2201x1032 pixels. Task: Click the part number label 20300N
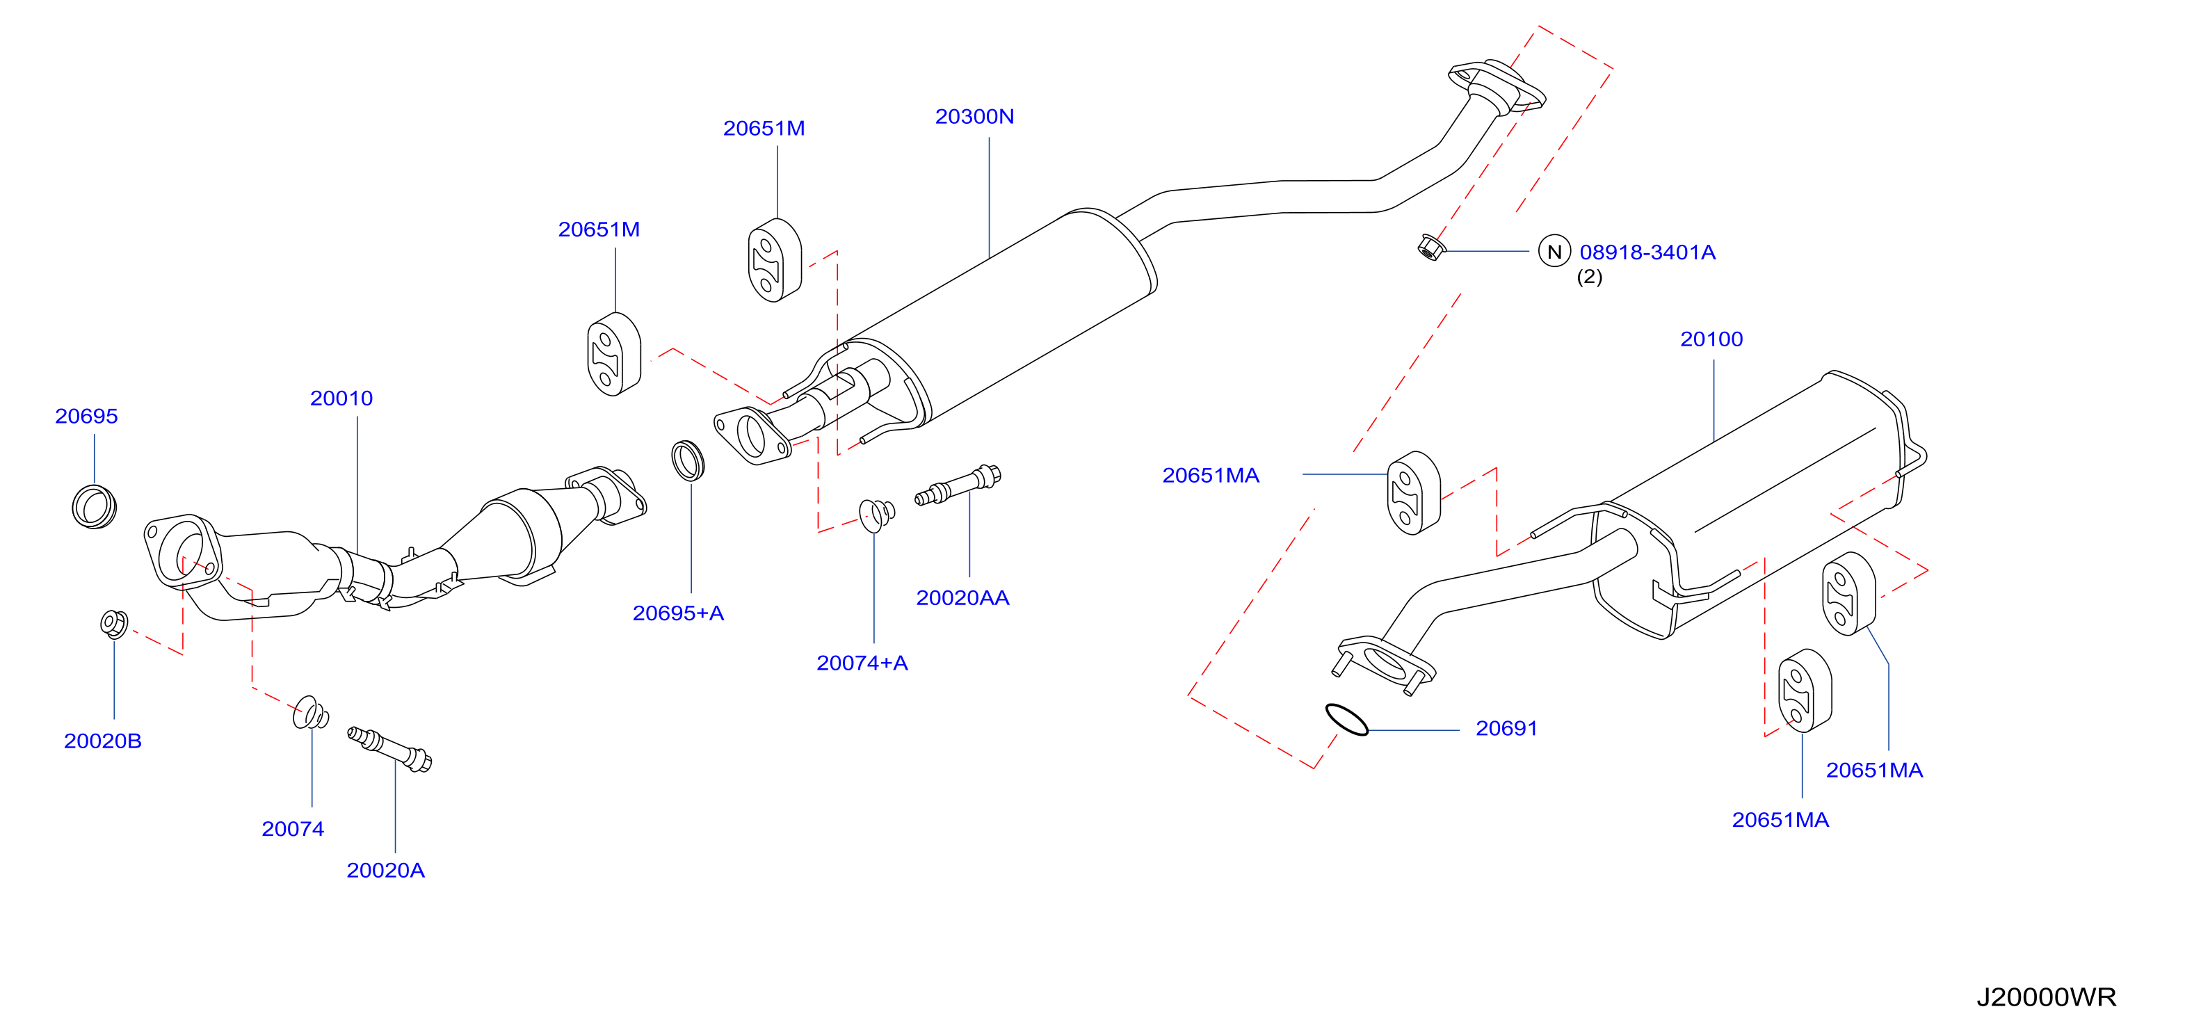(x=974, y=116)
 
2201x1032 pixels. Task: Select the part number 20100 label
(x=1711, y=339)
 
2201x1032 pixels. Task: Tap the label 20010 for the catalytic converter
(x=341, y=398)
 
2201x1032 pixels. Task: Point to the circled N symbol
(x=1554, y=251)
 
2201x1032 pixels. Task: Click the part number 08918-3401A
(x=1647, y=252)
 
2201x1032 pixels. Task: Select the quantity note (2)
(x=1589, y=277)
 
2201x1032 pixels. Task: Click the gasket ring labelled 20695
(x=94, y=506)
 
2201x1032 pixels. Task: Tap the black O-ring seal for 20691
(x=1346, y=719)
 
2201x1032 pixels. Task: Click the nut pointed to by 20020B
(x=113, y=624)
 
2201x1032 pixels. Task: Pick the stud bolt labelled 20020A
(x=389, y=748)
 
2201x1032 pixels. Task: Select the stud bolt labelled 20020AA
(x=958, y=485)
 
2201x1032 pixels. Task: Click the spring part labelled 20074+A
(x=877, y=515)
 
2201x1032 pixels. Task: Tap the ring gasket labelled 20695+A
(x=688, y=460)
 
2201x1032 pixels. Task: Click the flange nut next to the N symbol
(x=1430, y=248)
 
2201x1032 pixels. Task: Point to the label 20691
(x=1506, y=729)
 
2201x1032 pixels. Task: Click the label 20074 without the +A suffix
(x=293, y=829)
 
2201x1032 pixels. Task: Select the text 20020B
(x=102, y=741)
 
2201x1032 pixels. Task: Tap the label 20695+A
(x=679, y=613)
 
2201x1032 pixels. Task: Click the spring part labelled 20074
(x=310, y=713)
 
